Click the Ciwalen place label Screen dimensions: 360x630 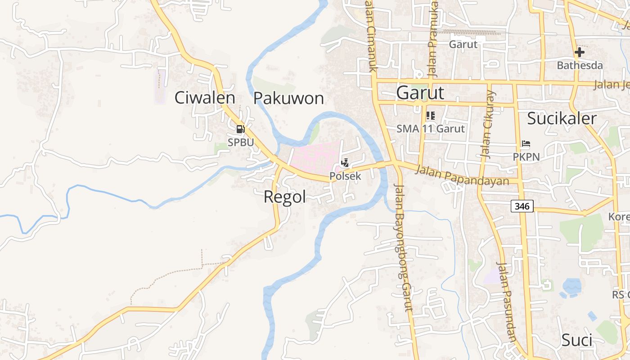click(205, 98)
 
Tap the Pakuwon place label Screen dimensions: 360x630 click(288, 98)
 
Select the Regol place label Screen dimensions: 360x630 click(284, 197)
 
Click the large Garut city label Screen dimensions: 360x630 click(420, 93)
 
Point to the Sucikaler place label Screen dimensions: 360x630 click(562, 118)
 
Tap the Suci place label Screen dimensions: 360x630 click(576, 340)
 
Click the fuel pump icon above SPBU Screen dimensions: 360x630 click(241, 130)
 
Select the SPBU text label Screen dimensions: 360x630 click(241, 142)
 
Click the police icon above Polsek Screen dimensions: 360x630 click(345, 163)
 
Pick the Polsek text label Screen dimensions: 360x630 click(345, 176)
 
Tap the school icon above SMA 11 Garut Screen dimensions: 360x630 click(431, 116)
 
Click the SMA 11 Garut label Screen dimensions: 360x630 click(430, 129)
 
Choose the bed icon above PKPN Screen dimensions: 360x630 click(526, 144)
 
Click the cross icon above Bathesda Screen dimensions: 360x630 click(579, 52)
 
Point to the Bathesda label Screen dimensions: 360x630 click(580, 65)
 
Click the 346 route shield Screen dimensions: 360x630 click(522, 206)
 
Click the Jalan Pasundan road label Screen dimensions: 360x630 click(507, 302)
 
